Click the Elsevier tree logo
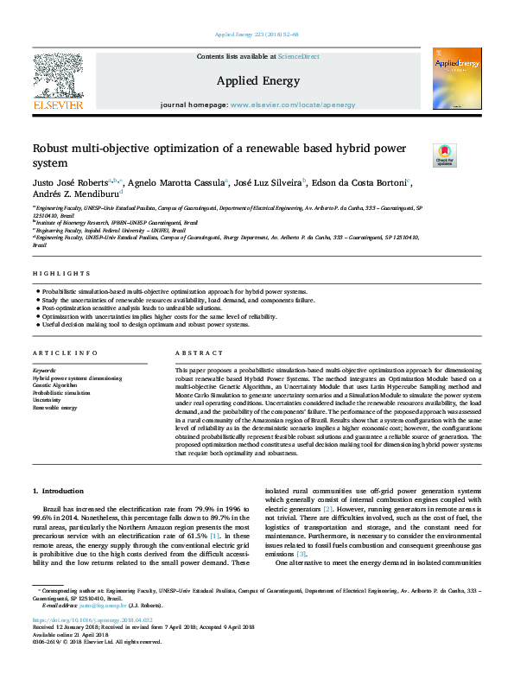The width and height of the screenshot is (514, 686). pyautogui.click(x=58, y=76)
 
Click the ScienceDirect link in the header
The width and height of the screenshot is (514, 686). pyautogui.click(x=298, y=56)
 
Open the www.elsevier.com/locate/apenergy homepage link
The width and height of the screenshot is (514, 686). pyautogui.click(x=291, y=105)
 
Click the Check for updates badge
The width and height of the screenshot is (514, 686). pyautogui.click(x=444, y=156)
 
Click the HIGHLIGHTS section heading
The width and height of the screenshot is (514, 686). pyautogui.click(x=54, y=274)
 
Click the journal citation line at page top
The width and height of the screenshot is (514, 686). pyautogui.click(x=256, y=35)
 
